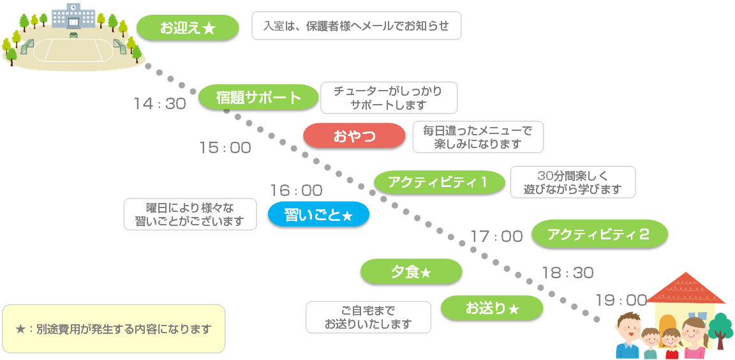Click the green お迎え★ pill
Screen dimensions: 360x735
click(x=188, y=27)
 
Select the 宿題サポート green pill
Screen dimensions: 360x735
click(x=258, y=98)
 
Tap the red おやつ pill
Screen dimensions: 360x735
click(x=354, y=136)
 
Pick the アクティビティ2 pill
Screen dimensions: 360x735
click(x=599, y=234)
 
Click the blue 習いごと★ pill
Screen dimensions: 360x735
click(x=318, y=215)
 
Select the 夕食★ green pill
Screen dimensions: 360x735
click(x=411, y=272)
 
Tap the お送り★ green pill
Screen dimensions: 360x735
click(x=492, y=309)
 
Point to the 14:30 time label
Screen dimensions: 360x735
click(x=160, y=103)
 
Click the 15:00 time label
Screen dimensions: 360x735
click(x=225, y=148)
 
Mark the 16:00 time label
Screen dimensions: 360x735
click(x=296, y=190)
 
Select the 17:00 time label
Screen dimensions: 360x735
click(x=496, y=236)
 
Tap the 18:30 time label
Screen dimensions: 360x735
click(x=567, y=273)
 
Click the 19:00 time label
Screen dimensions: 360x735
click(x=621, y=300)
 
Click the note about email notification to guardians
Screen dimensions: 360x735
click(x=356, y=26)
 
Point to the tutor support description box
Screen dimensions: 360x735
click(x=387, y=98)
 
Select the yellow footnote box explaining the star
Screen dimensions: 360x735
click(x=114, y=329)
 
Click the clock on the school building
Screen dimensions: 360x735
click(x=73, y=8)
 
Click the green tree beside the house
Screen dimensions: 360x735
click(x=721, y=326)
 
